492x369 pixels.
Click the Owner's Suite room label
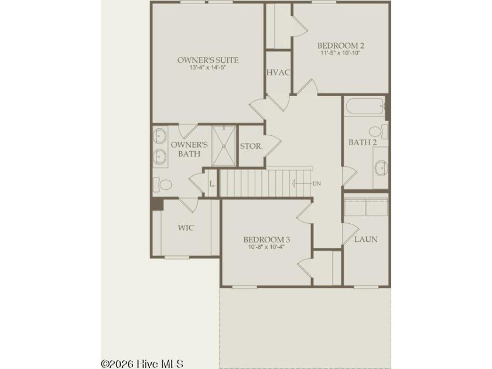(x=208, y=60)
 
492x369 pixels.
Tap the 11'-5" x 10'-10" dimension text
(x=340, y=53)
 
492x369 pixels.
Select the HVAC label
(x=278, y=73)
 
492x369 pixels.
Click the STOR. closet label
(x=251, y=146)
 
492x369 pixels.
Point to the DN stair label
(x=317, y=183)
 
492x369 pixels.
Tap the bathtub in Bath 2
(x=365, y=107)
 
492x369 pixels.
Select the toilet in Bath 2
(x=378, y=131)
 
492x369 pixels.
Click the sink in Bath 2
(x=381, y=168)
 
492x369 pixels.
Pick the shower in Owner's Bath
(x=224, y=146)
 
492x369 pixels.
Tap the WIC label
(x=186, y=227)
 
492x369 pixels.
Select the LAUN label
(x=366, y=239)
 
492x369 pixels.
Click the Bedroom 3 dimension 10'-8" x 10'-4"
(x=266, y=247)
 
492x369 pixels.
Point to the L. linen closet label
(x=213, y=183)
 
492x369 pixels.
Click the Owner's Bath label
(x=189, y=149)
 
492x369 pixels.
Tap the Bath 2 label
(x=363, y=142)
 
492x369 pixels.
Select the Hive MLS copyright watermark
(x=142, y=364)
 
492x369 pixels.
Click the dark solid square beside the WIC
(x=157, y=204)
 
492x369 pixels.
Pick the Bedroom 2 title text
(x=341, y=46)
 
